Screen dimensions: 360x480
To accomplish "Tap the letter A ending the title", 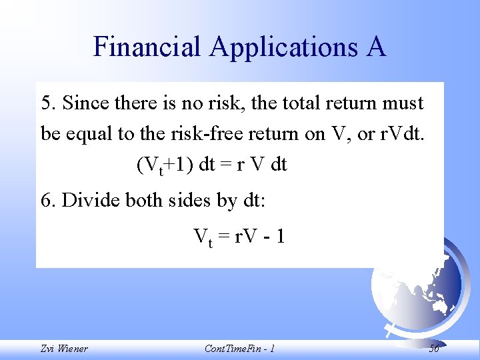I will [375, 47].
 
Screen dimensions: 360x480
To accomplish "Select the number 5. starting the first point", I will [48, 104].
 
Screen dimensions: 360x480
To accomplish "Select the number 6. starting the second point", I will [48, 201].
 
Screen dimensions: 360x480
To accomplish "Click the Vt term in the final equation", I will [203, 237].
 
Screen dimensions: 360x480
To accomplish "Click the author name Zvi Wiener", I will [65, 349].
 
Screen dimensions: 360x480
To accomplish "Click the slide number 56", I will [433, 349].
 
